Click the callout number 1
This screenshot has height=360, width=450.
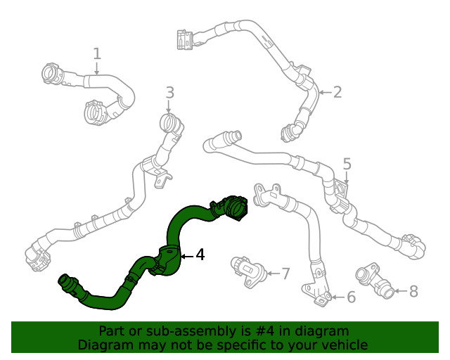click(x=97, y=53)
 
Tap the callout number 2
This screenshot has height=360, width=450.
click(x=337, y=92)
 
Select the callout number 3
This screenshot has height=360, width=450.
click(x=169, y=92)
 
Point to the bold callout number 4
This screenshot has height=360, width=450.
click(x=200, y=255)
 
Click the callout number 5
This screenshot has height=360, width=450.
click(x=347, y=164)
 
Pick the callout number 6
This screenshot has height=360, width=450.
click(x=351, y=297)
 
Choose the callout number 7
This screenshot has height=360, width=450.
click(x=285, y=274)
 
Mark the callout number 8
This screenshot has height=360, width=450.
click(x=413, y=290)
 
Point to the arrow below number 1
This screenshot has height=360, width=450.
click(x=97, y=68)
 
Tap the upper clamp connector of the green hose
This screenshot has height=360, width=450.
click(x=231, y=207)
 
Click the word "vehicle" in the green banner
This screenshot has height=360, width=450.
click(x=345, y=345)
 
